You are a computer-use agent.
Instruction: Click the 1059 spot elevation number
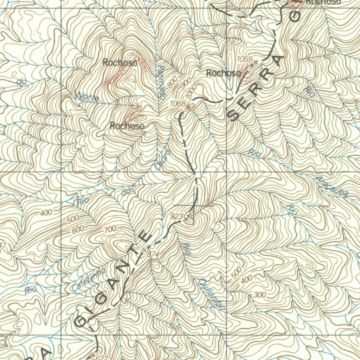point(245,59)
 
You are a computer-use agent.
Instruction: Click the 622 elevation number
point(100,356)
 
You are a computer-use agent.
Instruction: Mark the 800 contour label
point(172,82)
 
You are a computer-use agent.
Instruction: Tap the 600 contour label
point(78,229)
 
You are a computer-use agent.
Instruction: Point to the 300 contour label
point(259,295)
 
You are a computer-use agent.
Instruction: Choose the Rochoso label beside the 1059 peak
point(224,73)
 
